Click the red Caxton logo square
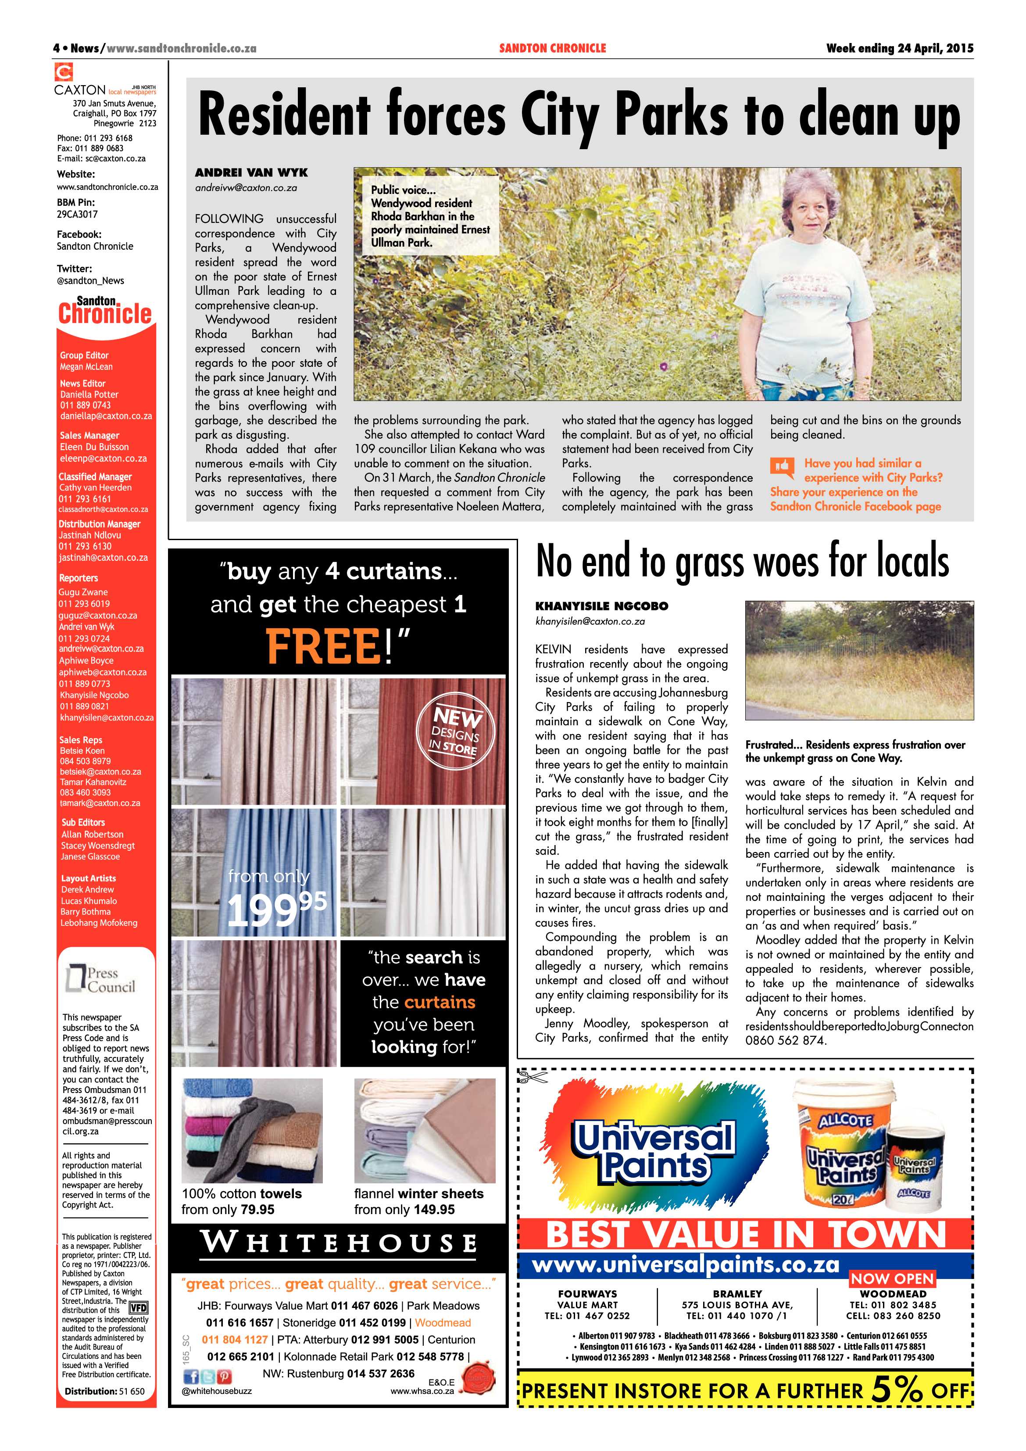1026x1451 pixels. coord(64,72)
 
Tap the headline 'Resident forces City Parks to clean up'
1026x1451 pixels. coord(578,116)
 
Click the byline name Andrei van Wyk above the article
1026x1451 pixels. coord(251,172)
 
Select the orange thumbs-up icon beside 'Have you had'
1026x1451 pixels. coord(782,467)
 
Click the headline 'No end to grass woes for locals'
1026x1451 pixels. coord(742,561)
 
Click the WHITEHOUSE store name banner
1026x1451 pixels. coord(339,1243)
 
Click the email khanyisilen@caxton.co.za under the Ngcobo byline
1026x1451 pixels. coord(590,621)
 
